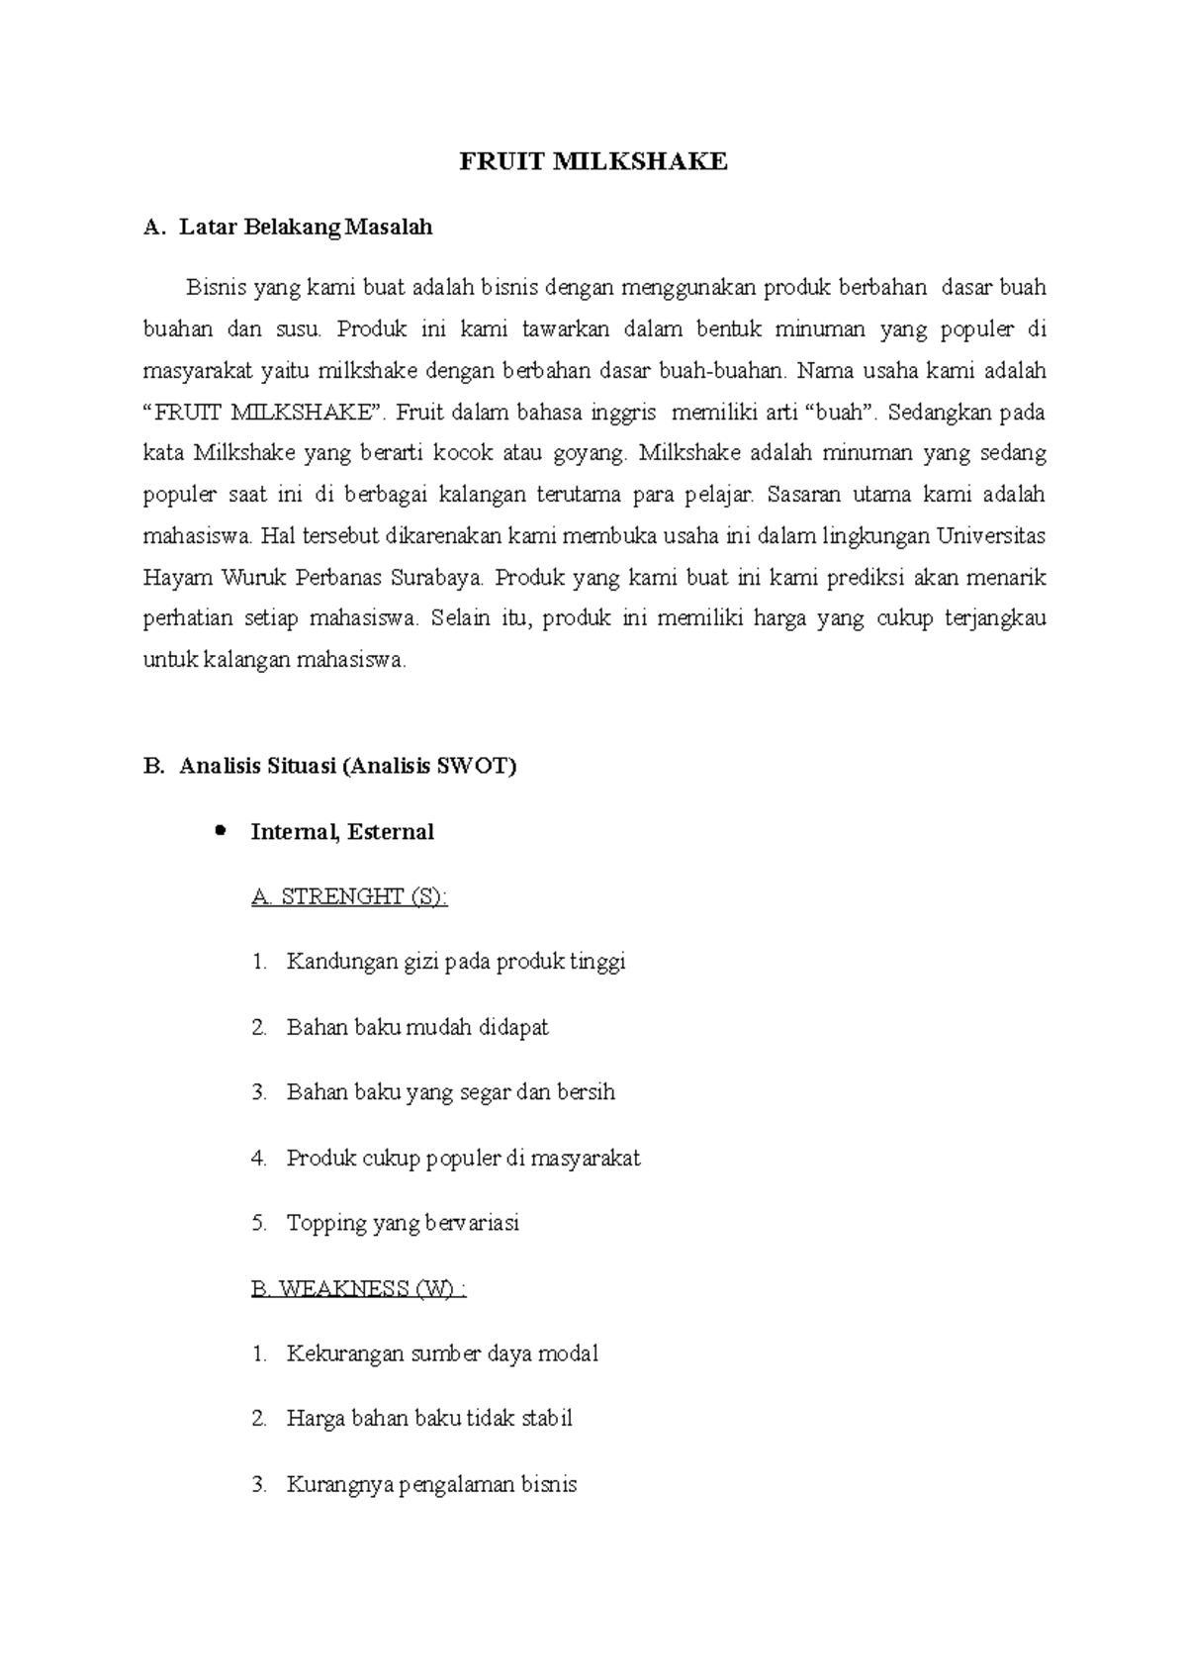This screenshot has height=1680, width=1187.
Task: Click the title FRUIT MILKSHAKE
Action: [593, 162]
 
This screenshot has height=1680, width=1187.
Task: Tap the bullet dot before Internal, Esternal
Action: [220, 830]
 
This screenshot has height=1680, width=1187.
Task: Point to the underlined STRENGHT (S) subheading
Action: [349, 897]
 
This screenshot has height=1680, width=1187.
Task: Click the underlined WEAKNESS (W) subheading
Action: [358, 1289]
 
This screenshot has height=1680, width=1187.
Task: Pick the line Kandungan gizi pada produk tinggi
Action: [456, 962]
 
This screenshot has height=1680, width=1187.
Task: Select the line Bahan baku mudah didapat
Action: [417, 1027]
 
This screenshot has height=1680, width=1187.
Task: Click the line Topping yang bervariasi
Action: [403, 1223]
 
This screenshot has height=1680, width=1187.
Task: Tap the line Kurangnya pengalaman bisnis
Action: [431, 1484]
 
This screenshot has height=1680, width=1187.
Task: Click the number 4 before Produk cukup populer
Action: [259, 1158]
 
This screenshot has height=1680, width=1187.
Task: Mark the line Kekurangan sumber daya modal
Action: [442, 1353]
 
